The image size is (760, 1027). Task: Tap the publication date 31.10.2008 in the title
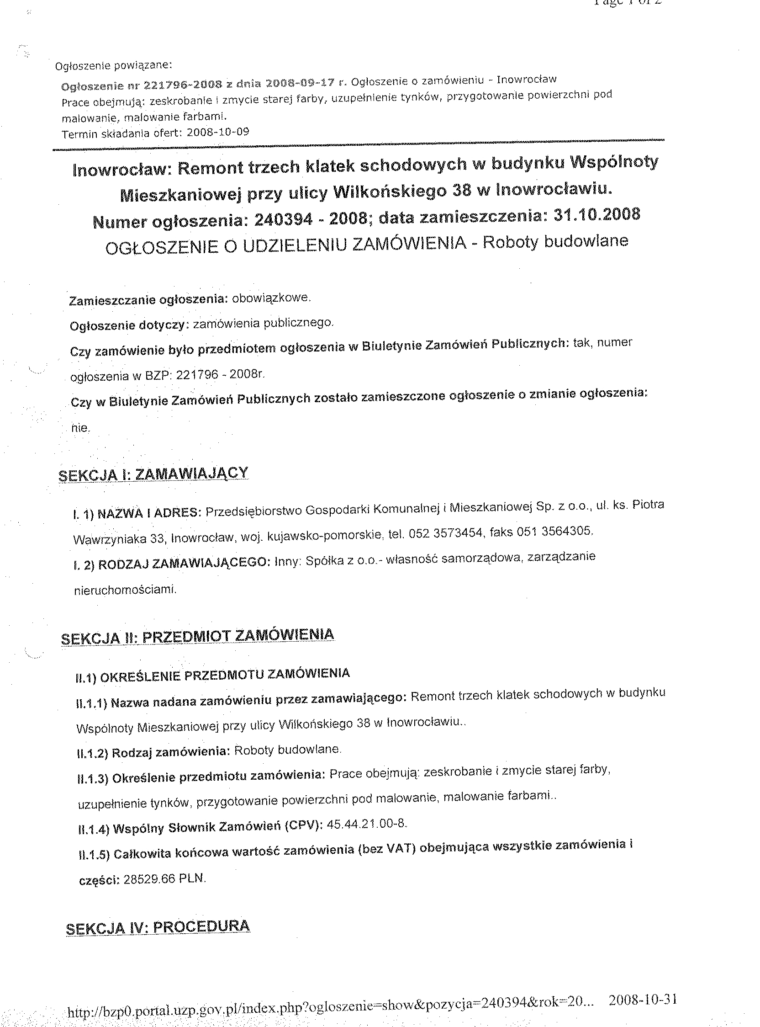tap(597, 214)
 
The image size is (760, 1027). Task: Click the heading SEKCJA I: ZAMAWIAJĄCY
tap(153, 474)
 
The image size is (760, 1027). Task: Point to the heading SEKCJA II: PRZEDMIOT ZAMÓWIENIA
tap(197, 636)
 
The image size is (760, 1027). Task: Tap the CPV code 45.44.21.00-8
tap(367, 823)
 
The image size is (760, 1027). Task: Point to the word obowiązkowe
tap(271, 298)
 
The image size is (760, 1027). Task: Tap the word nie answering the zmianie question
tap(79, 428)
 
